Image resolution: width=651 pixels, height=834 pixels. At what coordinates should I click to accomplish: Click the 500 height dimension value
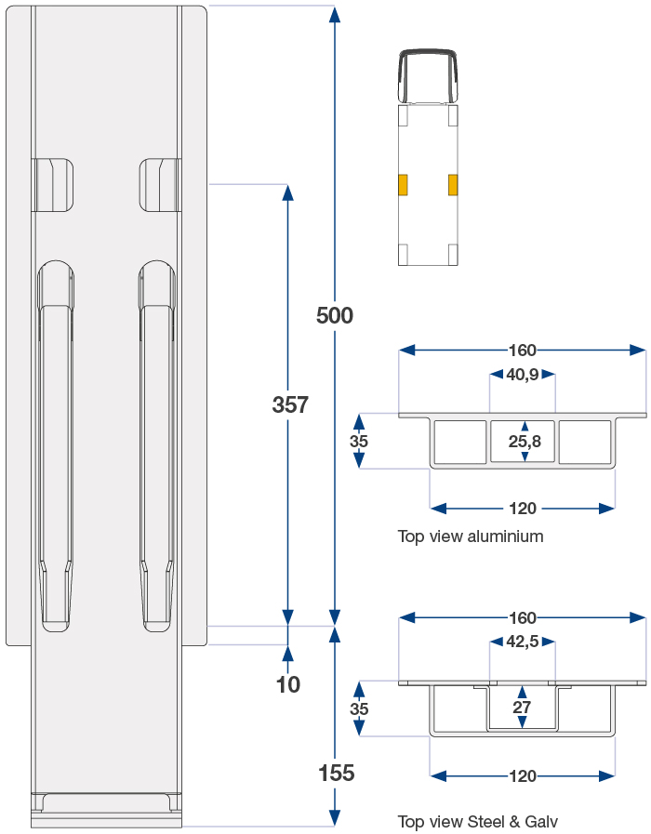point(335,316)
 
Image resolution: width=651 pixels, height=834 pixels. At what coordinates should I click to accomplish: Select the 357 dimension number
point(290,405)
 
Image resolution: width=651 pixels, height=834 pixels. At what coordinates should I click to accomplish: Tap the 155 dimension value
point(336,774)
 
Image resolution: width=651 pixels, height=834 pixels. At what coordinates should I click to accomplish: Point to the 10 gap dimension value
point(288,685)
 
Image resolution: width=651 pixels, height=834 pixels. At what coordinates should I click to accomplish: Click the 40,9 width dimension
point(523,375)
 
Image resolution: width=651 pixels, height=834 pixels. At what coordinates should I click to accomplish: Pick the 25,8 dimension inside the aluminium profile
point(525,442)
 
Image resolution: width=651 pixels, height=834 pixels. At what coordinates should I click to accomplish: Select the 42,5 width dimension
point(523,642)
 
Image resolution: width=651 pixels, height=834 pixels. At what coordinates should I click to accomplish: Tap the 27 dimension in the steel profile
point(522,708)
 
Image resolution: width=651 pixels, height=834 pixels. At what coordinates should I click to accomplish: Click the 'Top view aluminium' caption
point(471,536)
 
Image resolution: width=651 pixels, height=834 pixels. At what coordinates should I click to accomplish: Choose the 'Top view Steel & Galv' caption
point(477,822)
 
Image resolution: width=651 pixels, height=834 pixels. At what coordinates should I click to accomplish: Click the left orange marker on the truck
point(404,185)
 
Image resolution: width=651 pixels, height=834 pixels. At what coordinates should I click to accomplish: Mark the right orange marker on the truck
point(453,185)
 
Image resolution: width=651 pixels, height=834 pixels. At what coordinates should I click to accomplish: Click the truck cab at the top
point(428,74)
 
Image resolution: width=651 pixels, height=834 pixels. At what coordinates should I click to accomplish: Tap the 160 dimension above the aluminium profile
point(523,351)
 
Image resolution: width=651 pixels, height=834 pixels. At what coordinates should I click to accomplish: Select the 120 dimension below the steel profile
point(523,776)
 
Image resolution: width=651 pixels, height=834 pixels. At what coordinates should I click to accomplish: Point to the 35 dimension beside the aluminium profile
point(359,442)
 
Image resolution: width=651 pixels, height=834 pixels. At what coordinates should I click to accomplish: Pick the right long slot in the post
point(156,446)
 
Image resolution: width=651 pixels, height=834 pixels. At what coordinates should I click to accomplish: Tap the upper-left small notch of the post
point(53,185)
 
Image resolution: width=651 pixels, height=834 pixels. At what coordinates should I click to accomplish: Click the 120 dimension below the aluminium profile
point(523,509)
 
